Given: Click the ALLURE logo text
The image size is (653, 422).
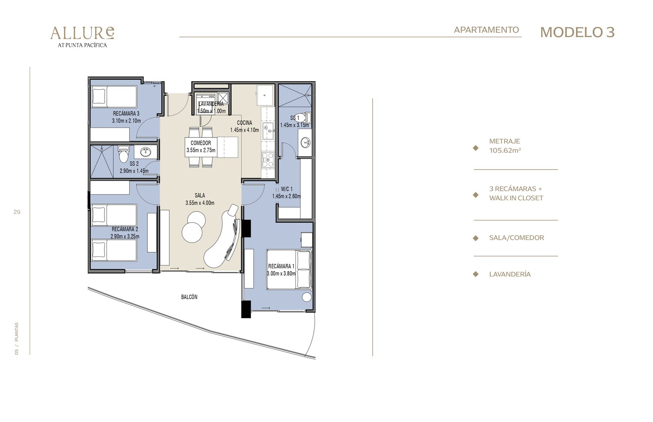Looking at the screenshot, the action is tap(82, 33).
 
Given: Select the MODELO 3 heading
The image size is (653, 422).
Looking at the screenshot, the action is tap(577, 32).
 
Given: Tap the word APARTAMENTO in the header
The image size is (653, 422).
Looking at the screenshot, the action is tap(486, 30).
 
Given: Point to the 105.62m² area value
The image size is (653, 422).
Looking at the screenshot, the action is tap(505, 150).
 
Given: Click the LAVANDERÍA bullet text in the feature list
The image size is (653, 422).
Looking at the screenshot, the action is tap(510, 274).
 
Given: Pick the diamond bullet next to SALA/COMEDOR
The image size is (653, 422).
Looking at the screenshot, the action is tap(475, 238).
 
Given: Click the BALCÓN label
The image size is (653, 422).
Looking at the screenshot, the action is tap(189, 297).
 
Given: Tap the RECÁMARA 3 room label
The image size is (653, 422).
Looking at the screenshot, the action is tap(126, 113).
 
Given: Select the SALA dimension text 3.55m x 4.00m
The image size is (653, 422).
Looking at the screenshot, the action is tap(200, 203).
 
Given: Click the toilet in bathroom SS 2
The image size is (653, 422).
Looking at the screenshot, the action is tap(123, 154).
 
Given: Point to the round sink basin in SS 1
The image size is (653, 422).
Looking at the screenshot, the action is tap(306, 142).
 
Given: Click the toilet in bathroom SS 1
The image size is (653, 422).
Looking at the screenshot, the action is tap(303, 118).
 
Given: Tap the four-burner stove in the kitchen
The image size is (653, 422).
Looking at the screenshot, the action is tap(268, 159).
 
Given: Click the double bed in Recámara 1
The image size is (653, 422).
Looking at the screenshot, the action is tap(289, 270).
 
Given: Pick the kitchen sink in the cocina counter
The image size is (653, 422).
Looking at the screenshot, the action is tap(268, 131).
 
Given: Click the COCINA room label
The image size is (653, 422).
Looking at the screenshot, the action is tap(244, 123).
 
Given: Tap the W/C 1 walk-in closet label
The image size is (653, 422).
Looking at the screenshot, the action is tap(287, 189).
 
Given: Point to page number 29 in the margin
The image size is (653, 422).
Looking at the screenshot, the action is tap(17, 212).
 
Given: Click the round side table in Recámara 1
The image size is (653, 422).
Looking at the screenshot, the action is tap(307, 297).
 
